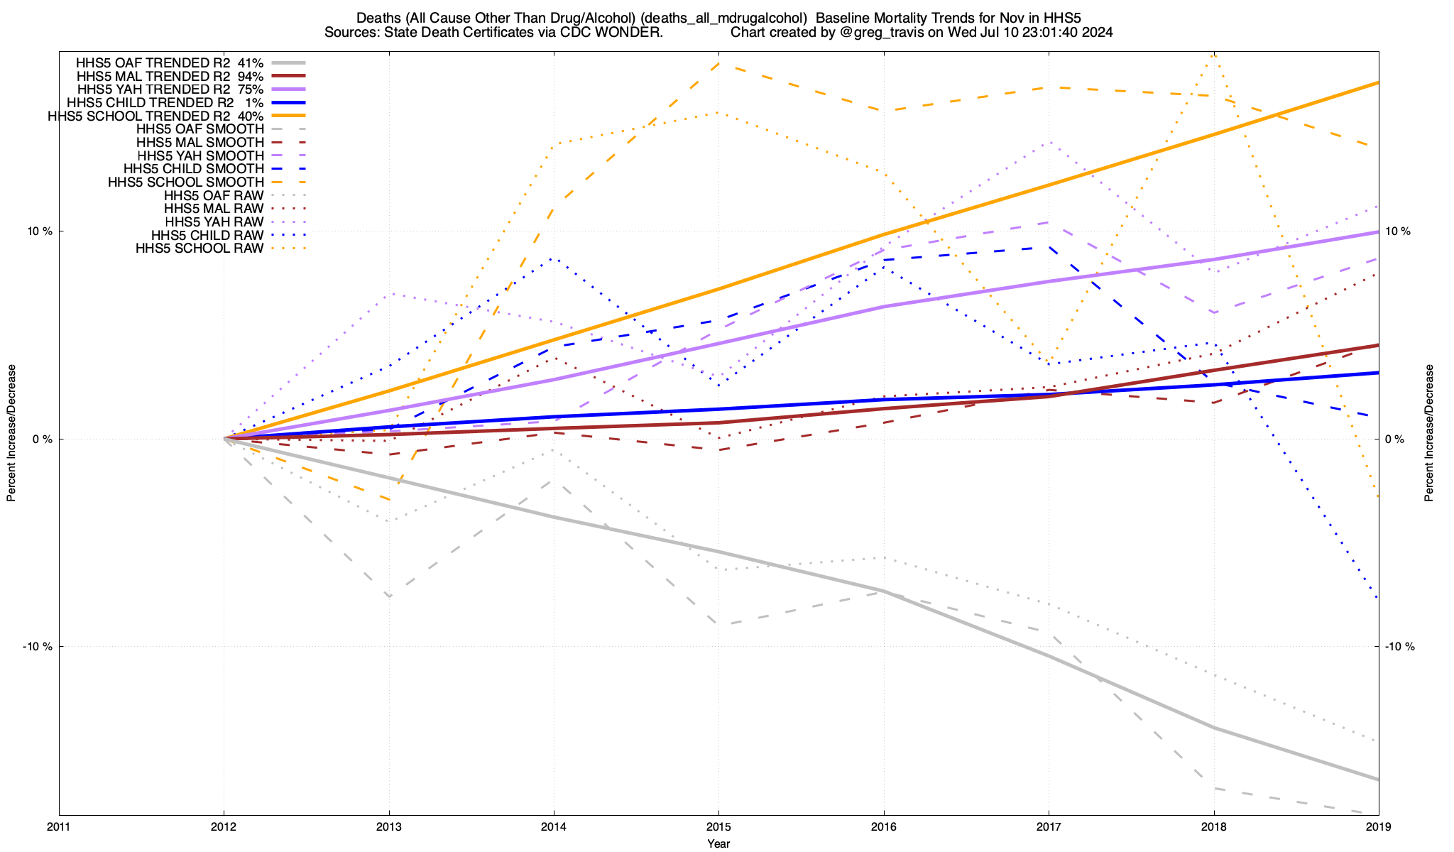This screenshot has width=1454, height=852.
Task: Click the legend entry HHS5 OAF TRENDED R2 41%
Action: (170, 62)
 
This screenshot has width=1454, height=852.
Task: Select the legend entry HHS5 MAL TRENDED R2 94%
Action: (170, 76)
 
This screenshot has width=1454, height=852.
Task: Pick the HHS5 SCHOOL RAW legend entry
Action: (199, 248)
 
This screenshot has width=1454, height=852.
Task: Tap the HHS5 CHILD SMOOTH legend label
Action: (193, 169)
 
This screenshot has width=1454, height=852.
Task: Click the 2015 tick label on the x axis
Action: (718, 826)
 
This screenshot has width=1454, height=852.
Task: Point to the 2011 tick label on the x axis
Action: (59, 826)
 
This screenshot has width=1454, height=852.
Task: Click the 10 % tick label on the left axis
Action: (40, 231)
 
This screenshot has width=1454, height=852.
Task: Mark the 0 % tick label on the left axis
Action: (43, 439)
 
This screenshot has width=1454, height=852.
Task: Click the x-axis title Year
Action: (718, 843)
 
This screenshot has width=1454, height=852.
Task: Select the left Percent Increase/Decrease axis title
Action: (11, 433)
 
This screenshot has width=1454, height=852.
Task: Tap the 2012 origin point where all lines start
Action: (224, 438)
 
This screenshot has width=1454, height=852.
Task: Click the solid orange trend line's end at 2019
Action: (1378, 83)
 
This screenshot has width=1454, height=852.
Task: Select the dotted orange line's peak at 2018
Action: (1214, 55)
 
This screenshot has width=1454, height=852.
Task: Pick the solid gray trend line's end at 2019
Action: (1378, 780)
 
